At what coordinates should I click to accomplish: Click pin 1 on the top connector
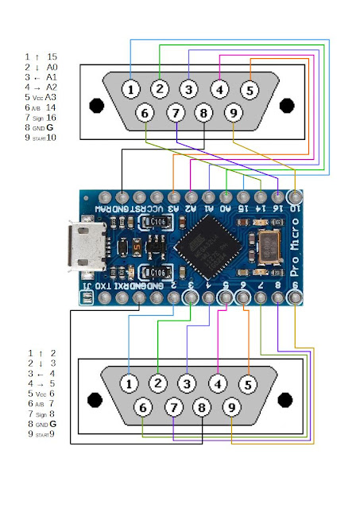click(130, 89)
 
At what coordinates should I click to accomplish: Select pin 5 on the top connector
click(249, 90)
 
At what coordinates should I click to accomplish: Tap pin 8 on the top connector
click(203, 114)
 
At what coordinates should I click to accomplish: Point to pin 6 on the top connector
click(145, 114)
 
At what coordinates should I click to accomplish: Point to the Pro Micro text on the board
click(295, 244)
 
